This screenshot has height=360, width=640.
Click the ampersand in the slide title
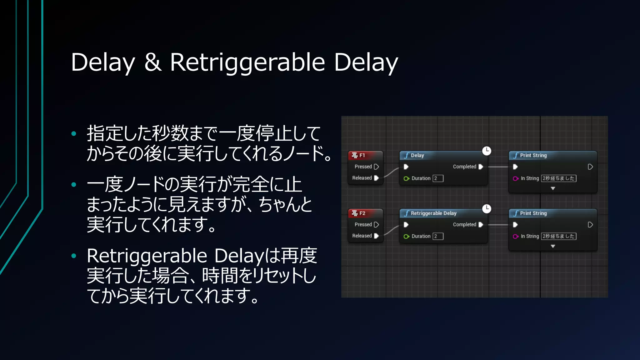(x=153, y=62)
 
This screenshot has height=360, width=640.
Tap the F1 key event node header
(x=365, y=155)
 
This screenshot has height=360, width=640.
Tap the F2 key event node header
(x=365, y=213)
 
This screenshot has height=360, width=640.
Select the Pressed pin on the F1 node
(x=376, y=167)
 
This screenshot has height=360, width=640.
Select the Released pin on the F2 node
(x=376, y=236)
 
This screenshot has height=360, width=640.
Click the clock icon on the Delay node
(x=487, y=151)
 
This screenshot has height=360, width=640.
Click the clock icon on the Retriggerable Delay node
(x=487, y=208)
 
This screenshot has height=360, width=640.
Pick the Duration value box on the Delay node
(x=438, y=178)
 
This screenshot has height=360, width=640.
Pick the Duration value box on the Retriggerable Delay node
(x=438, y=236)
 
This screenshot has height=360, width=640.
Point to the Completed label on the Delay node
(x=464, y=167)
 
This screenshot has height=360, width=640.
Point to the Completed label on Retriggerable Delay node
(x=464, y=225)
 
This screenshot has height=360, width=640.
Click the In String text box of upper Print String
(x=558, y=178)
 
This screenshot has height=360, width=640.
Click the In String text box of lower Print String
(x=558, y=236)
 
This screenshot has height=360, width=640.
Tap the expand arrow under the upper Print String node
(x=553, y=188)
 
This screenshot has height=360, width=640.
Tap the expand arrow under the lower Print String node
(x=553, y=246)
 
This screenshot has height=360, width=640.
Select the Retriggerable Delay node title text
(x=433, y=213)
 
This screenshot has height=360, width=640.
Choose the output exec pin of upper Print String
(x=590, y=167)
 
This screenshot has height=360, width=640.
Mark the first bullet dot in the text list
(x=74, y=134)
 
